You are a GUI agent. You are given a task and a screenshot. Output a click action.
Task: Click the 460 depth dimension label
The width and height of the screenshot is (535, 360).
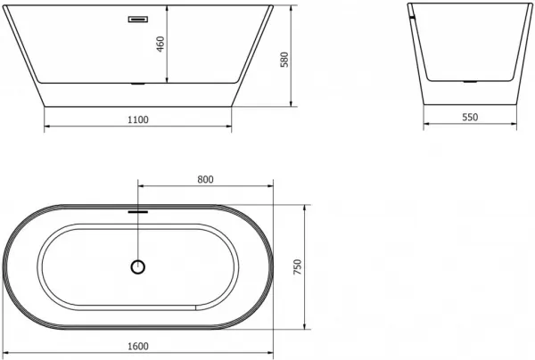point(160,44)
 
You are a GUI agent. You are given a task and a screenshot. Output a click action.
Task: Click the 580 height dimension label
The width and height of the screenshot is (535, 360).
point(284,60)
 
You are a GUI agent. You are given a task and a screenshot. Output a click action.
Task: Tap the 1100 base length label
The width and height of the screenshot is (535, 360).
point(138,120)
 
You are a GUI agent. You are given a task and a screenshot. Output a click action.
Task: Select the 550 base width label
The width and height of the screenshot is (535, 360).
point(470,118)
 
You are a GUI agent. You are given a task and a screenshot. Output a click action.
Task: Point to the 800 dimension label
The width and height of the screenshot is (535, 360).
point(205,179)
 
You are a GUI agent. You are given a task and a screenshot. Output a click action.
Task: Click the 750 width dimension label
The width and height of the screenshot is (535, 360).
point(298,267)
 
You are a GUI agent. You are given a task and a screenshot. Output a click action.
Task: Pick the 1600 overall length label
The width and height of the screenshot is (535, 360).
point(138,347)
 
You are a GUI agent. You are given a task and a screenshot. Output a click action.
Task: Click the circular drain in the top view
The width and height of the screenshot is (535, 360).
point(138,267)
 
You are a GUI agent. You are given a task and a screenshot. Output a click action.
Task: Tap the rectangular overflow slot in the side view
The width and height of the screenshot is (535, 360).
point(138,19)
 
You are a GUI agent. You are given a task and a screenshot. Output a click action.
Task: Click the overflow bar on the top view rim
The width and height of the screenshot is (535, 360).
point(138,212)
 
